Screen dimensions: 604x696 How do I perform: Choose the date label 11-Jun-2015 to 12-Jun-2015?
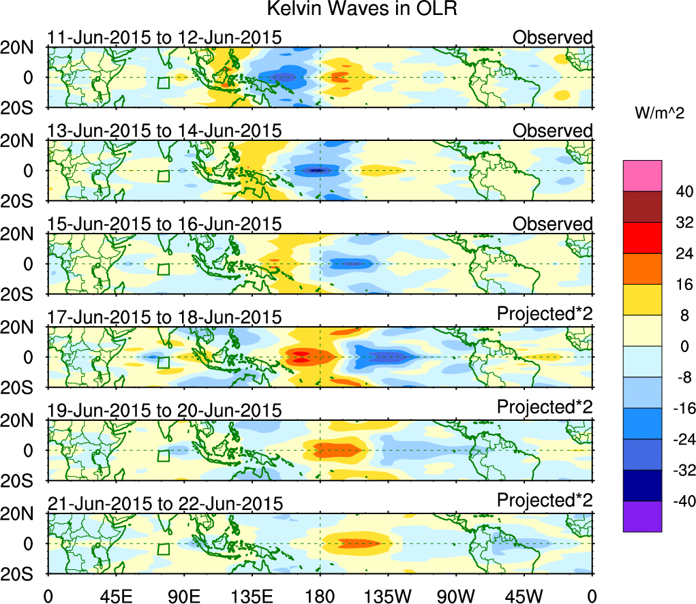164,37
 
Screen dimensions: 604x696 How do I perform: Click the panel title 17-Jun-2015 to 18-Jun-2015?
164,317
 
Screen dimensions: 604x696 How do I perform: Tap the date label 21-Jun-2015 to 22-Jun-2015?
164,504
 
